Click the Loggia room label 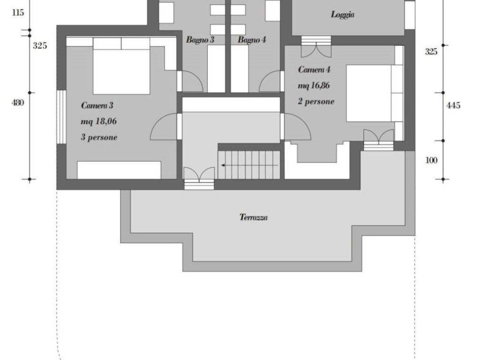pyautogui.click(x=343, y=15)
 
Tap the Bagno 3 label pyautogui.click(x=200, y=40)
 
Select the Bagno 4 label pyautogui.click(x=252, y=40)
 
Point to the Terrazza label pyautogui.click(x=254, y=217)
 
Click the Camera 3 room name pyautogui.click(x=97, y=105)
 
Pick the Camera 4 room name pyautogui.click(x=314, y=70)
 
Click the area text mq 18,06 pyautogui.click(x=98, y=121)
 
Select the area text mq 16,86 pyautogui.click(x=314, y=86)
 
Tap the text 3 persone pyautogui.click(x=99, y=137)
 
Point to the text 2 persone pyautogui.click(x=316, y=101)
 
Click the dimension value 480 pyautogui.click(x=17, y=103)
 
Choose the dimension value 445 pyautogui.click(x=453, y=105)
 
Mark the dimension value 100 pyautogui.click(x=431, y=160)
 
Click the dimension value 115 pyautogui.click(x=18, y=13)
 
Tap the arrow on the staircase pyautogui.click(x=249, y=165)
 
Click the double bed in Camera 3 pyautogui.click(x=121, y=66)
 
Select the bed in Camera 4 pyautogui.click(x=375, y=93)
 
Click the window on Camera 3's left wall pyautogui.click(x=61, y=117)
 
